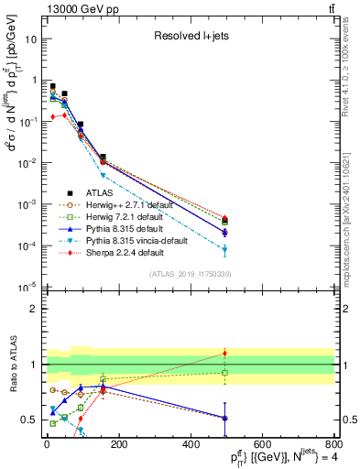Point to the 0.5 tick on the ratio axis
[x=29, y=420]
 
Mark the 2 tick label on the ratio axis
[x=33, y=309]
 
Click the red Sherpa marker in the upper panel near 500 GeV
[x=225, y=218]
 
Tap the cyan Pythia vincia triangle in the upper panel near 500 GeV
[x=225, y=249]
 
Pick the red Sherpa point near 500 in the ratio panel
[x=225, y=353]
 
